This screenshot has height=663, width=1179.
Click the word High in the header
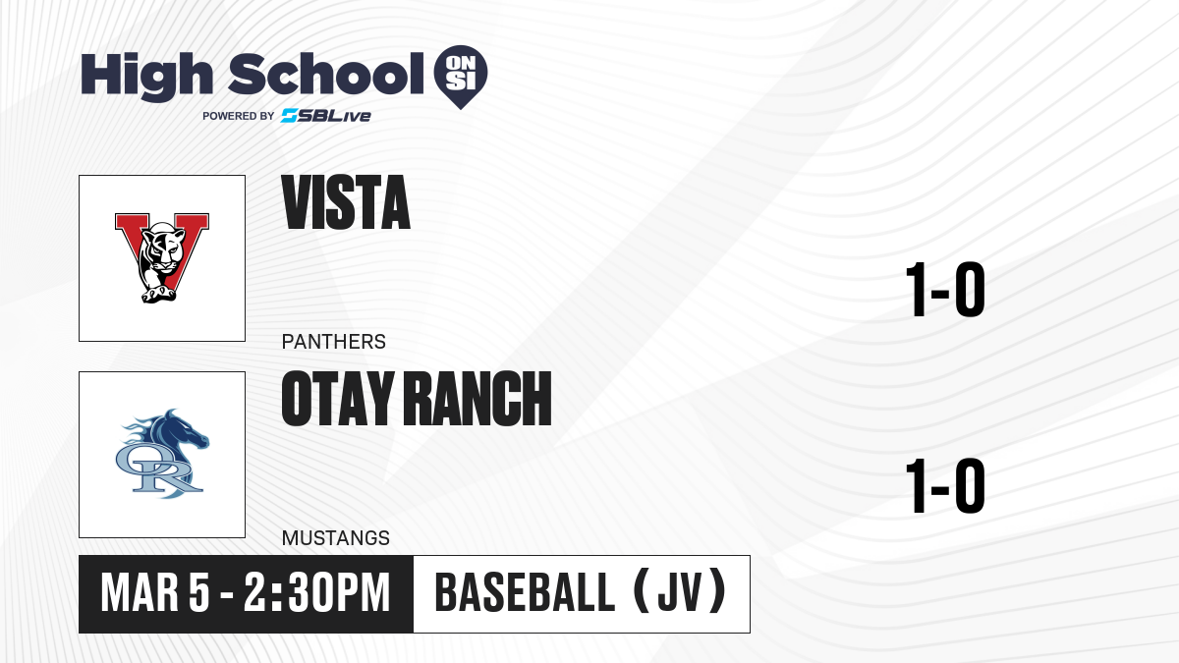pyautogui.click(x=146, y=76)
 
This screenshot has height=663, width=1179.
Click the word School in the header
pyautogui.click(x=326, y=74)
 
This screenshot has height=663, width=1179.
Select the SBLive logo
pyautogui.click(x=326, y=116)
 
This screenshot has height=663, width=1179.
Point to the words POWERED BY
pyautogui.click(x=239, y=116)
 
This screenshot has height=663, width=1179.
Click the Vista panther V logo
pyautogui.click(x=162, y=257)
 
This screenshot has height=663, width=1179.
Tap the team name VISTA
pyautogui.click(x=346, y=202)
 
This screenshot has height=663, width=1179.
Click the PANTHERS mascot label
pyautogui.click(x=334, y=342)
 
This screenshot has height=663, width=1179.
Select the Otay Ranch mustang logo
pyautogui.click(x=162, y=454)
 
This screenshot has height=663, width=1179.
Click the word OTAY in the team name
pyautogui.click(x=338, y=399)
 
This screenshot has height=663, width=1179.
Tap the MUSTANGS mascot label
pyautogui.click(x=336, y=538)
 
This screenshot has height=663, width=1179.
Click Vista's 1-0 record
pyautogui.click(x=945, y=290)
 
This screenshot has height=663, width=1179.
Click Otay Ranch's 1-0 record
pyautogui.click(x=945, y=485)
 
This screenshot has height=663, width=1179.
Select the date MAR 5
pyautogui.click(x=155, y=593)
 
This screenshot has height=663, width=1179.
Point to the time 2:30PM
pyautogui.click(x=316, y=593)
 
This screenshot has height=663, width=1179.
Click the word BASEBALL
pyautogui.click(x=525, y=593)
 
